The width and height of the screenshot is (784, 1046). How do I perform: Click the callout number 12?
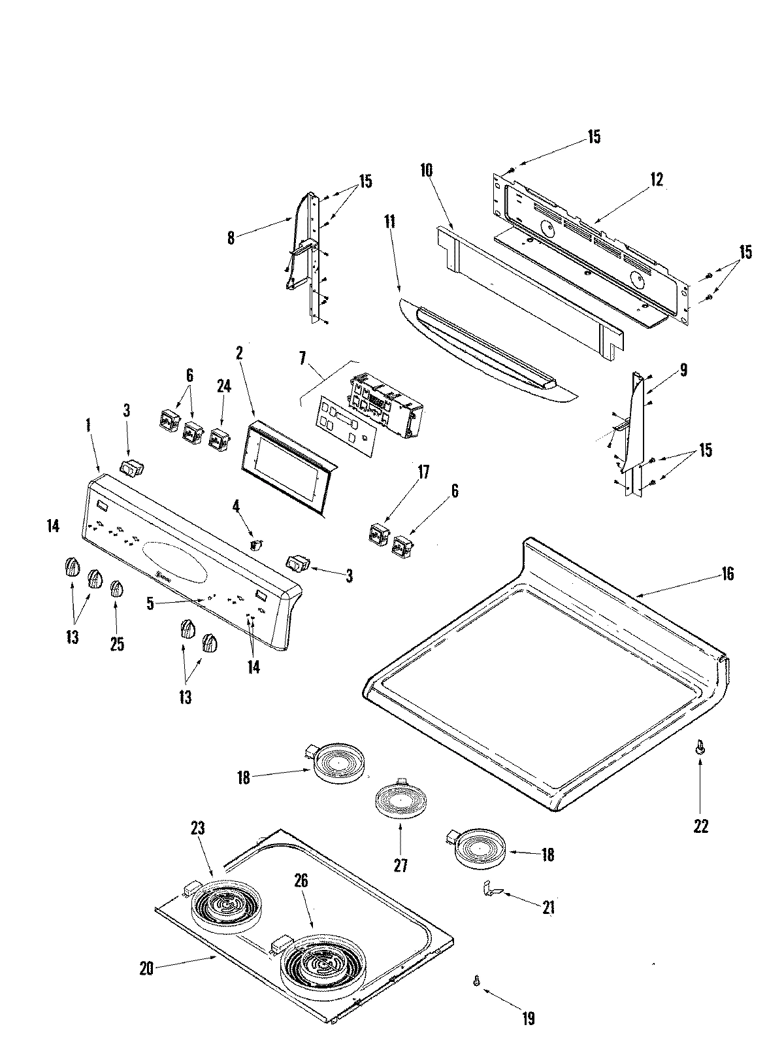point(657,180)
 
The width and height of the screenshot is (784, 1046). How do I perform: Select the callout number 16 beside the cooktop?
point(727,574)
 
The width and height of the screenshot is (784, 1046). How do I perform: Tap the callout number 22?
point(700,826)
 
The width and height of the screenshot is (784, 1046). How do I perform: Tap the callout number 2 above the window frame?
point(240,354)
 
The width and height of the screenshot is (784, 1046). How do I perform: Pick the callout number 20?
point(146,968)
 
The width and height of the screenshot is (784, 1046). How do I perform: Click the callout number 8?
point(231,239)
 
